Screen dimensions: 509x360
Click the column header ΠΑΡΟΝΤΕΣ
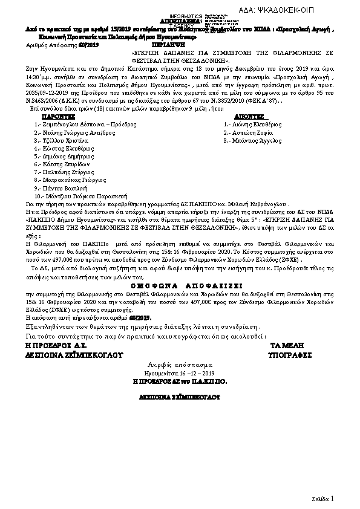pyautogui.click(x=58, y=114)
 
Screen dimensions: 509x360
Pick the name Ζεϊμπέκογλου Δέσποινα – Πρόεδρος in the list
pyautogui.click(x=86, y=123)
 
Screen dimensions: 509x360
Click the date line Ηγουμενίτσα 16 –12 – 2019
pyautogui.click(x=180, y=374)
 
